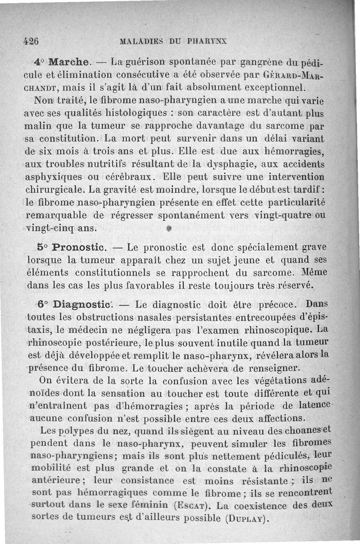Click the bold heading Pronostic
tap(79, 247)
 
